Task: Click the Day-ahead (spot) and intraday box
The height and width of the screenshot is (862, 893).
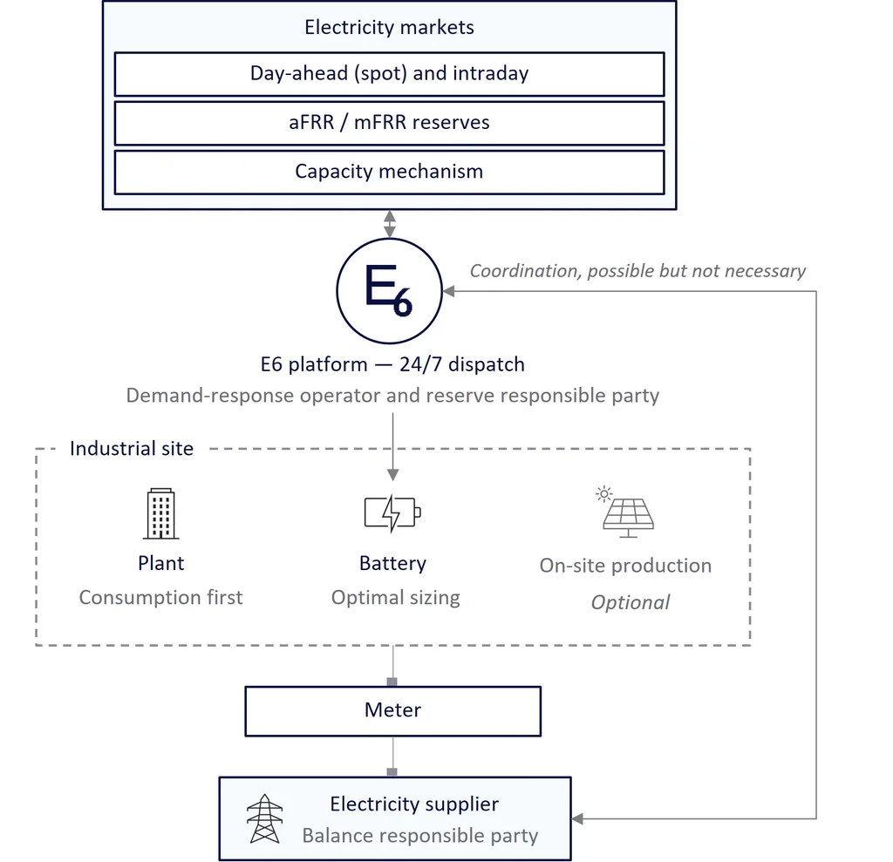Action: click(390, 74)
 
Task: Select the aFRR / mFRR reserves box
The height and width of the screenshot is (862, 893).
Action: click(390, 123)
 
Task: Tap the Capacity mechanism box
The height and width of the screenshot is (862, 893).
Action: click(390, 172)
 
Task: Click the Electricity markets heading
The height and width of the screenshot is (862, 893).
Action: click(390, 27)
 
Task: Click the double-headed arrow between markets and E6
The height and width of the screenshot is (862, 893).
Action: click(390, 224)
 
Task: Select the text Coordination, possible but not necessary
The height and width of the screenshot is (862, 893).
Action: click(637, 271)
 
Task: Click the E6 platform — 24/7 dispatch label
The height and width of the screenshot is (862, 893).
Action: click(392, 364)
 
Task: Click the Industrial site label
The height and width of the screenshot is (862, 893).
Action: click(132, 449)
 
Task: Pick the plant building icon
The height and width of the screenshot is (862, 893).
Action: click(161, 513)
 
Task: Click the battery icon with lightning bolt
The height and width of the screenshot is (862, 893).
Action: click(392, 513)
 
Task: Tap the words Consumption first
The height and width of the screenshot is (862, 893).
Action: click(160, 597)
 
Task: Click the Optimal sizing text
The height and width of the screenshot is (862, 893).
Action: click(396, 598)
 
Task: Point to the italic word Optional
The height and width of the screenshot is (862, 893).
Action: click(631, 602)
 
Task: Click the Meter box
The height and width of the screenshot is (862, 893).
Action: click(393, 711)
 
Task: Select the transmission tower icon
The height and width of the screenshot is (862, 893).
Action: click(265, 818)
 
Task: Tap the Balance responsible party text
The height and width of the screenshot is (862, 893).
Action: click(420, 836)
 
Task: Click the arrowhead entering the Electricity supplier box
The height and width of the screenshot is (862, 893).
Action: click(577, 818)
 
